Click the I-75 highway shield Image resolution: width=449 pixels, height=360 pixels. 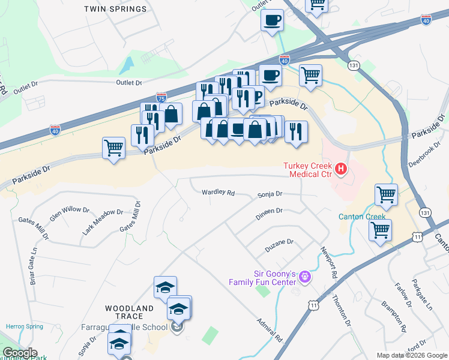pyautogui.click(x=161, y=97)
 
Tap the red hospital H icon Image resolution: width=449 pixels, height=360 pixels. pyautogui.click(x=341, y=169)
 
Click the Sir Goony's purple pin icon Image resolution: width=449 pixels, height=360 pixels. pyautogui.click(x=305, y=277)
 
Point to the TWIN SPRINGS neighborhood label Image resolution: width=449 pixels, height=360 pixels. pyautogui.click(x=115, y=9)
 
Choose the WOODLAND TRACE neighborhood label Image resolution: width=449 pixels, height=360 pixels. pyautogui.click(x=133, y=312)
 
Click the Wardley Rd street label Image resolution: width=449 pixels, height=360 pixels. pyautogui.click(x=218, y=193)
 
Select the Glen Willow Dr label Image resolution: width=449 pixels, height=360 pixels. pyautogui.click(x=70, y=213)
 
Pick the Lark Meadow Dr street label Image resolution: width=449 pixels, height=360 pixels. pyautogui.click(x=103, y=220)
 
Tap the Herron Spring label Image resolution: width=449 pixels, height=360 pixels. pyautogui.click(x=24, y=326)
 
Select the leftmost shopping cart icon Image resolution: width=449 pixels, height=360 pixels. pyautogui.click(x=113, y=147)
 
